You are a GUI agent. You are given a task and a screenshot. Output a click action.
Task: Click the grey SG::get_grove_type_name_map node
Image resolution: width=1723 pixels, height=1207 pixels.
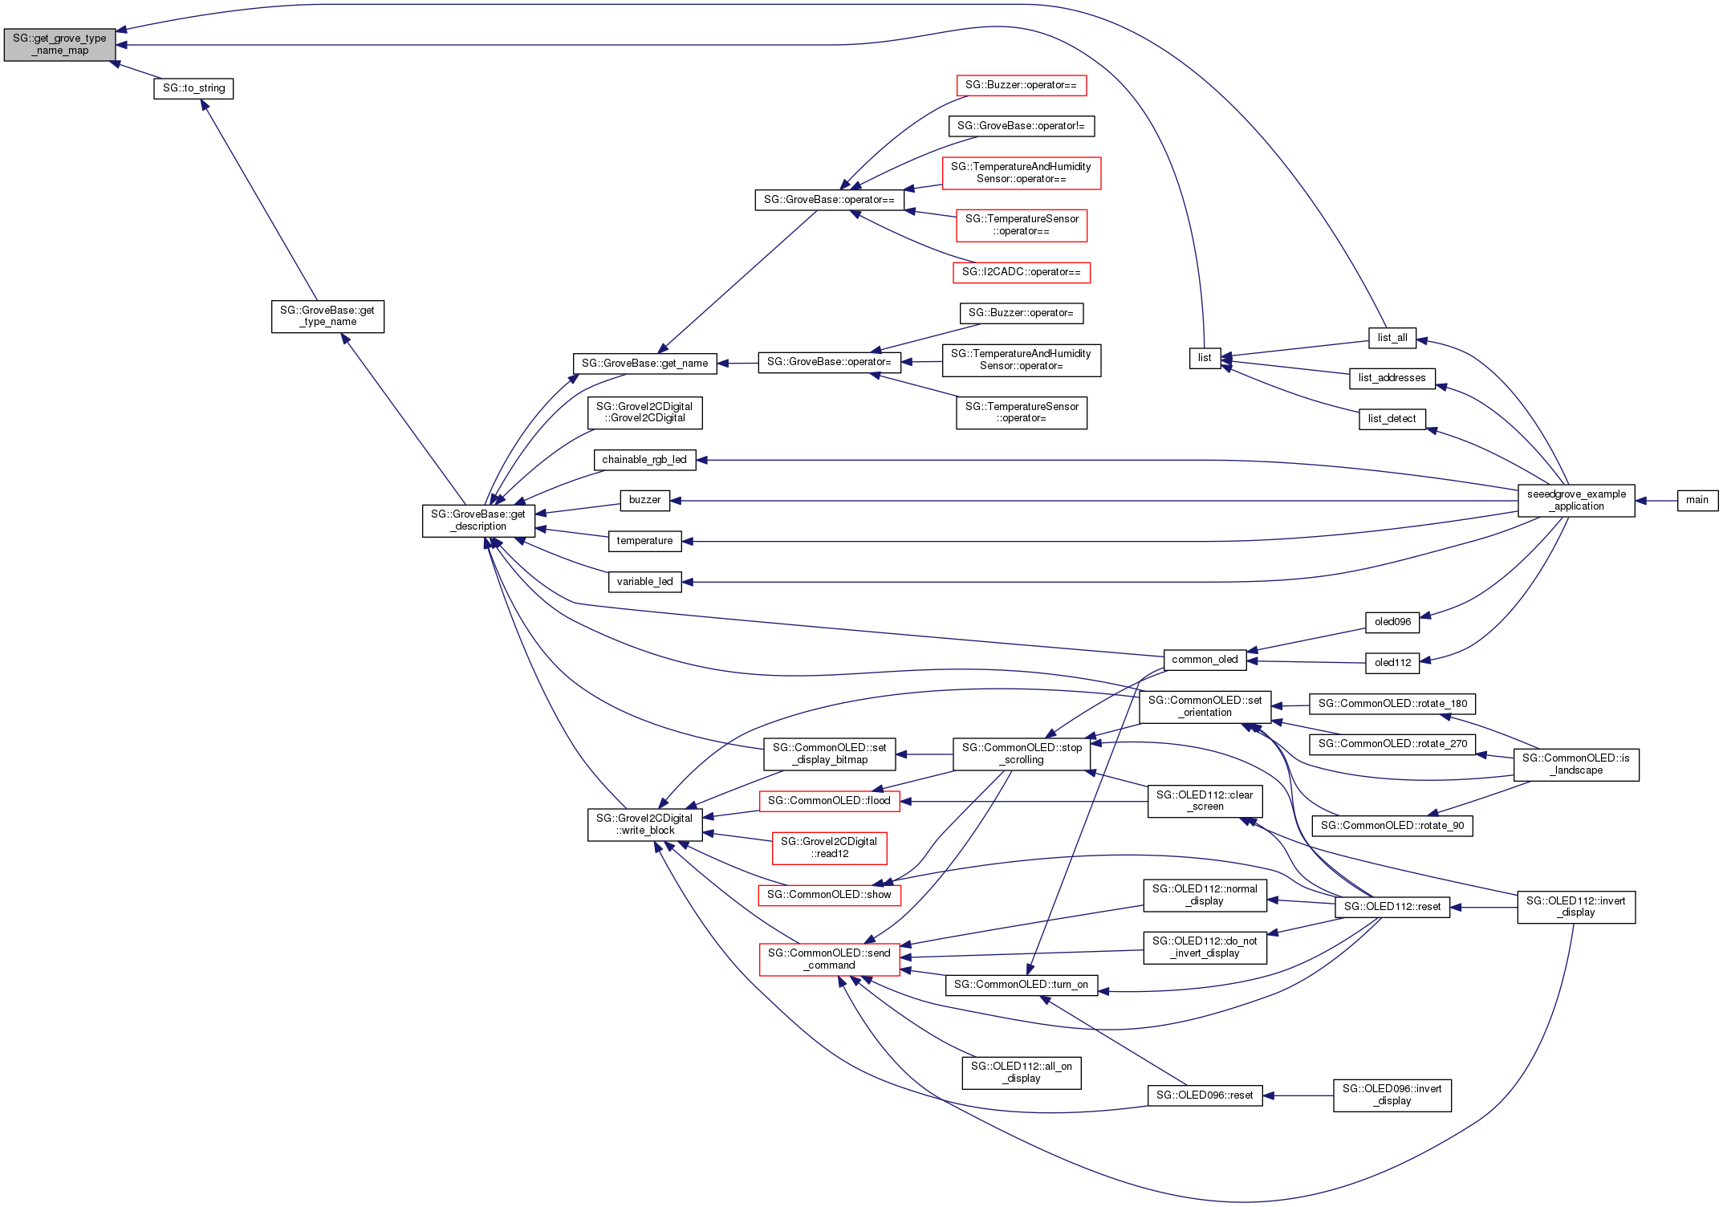[59, 44]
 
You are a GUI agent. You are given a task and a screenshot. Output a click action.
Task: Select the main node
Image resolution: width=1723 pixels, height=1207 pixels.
[1697, 500]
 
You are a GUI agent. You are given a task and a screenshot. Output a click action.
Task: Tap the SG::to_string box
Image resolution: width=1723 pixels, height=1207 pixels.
[193, 88]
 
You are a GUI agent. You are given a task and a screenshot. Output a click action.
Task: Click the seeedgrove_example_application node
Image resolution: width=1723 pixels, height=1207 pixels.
[1575, 501]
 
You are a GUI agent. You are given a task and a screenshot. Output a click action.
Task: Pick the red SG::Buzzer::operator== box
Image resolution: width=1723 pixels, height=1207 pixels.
[1021, 85]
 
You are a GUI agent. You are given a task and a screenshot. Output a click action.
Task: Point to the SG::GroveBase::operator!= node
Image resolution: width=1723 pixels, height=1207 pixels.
[1021, 126]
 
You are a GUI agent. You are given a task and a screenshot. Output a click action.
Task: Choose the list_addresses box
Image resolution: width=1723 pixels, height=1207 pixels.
[1392, 378]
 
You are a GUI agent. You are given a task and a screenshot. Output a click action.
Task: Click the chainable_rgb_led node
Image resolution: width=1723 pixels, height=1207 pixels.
[644, 460]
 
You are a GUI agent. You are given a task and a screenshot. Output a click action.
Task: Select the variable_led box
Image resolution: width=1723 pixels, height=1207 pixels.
[644, 582]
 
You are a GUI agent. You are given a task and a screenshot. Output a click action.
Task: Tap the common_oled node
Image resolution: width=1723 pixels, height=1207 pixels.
[1205, 660]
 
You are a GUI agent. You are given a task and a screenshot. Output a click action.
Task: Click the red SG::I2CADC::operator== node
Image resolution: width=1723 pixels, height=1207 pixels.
[1021, 272]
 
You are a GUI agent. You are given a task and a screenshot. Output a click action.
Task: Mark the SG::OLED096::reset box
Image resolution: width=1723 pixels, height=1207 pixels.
[1205, 1095]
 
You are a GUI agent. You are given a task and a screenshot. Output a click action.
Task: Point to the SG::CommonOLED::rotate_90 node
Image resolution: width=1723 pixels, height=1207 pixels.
[1392, 826]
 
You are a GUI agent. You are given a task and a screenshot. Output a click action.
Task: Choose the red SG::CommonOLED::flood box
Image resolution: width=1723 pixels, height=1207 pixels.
[829, 801]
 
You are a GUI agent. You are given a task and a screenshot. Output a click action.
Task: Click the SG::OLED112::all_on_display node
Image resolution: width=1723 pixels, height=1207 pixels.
[1021, 1072]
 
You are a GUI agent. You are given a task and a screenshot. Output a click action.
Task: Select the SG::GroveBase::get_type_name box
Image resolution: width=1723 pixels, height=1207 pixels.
[327, 316]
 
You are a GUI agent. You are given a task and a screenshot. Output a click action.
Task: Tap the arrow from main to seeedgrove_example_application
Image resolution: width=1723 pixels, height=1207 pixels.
[1656, 501]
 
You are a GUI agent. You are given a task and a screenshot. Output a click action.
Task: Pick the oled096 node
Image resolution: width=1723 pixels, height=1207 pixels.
[1392, 622]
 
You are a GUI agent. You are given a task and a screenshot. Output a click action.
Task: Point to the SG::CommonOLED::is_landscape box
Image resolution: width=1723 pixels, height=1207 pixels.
[1575, 764]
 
